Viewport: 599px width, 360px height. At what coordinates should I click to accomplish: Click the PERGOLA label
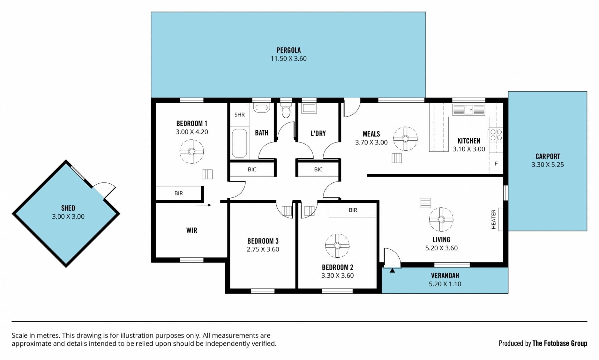(x=288, y=50)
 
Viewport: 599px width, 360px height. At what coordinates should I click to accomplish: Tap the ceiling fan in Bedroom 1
(x=192, y=152)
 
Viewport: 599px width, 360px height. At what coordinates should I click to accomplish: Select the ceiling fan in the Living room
(x=441, y=220)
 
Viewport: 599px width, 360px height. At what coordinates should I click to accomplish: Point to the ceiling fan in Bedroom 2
(x=337, y=246)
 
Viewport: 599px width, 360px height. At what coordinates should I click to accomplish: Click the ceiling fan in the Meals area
(x=405, y=139)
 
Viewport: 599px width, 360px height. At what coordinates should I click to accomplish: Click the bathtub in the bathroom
(x=239, y=143)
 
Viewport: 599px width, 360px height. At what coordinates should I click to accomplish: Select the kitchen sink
(x=469, y=109)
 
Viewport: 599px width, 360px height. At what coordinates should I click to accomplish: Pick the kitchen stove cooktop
(x=496, y=135)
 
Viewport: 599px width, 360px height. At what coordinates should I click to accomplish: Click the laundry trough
(x=309, y=108)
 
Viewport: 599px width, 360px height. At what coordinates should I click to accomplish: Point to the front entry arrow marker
(x=392, y=270)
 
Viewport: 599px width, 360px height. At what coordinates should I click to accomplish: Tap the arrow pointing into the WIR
(x=204, y=205)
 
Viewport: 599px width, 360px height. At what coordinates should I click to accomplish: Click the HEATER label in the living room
(x=494, y=219)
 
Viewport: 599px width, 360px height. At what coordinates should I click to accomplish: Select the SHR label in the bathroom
(x=240, y=115)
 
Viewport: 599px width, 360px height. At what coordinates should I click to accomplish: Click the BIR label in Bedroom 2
(x=353, y=210)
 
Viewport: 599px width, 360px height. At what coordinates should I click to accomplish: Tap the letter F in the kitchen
(x=496, y=163)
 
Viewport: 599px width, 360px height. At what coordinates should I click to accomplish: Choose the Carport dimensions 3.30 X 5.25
(x=548, y=165)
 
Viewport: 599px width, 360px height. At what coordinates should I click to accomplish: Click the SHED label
(x=68, y=208)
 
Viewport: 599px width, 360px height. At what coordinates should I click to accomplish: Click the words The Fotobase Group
(x=560, y=343)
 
